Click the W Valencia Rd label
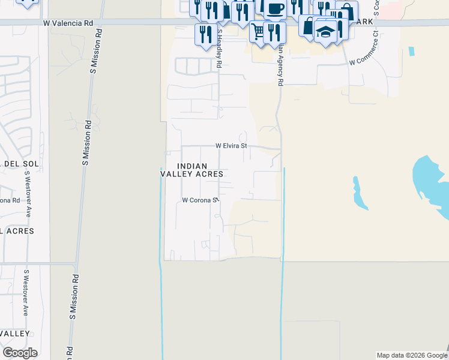pyautogui.click(x=69, y=23)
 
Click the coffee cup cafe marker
pyautogui.click(x=276, y=9)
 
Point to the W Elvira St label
pyautogui.click(x=231, y=146)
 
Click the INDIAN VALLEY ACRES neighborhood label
pyautogui.click(x=192, y=170)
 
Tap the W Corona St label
pyautogui.click(x=199, y=200)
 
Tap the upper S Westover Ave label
pyautogui.click(x=27, y=195)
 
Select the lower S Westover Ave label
pyautogui.click(x=26, y=293)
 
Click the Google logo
pyautogui.click(x=20, y=353)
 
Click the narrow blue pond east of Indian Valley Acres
pyautogui.click(x=360, y=193)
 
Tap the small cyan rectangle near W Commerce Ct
pyautogui.click(x=411, y=51)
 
